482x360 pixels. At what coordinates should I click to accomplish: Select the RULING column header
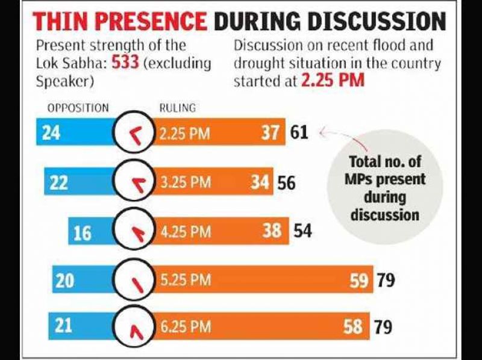click(177, 108)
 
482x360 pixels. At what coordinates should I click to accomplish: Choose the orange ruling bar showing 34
click(211, 182)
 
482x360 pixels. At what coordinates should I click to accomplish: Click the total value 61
click(298, 133)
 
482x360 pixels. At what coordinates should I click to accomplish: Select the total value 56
click(286, 182)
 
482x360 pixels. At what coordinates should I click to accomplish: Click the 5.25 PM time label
click(185, 281)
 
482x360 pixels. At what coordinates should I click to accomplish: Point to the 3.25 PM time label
click(185, 182)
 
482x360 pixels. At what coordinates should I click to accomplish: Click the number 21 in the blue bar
click(63, 326)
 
